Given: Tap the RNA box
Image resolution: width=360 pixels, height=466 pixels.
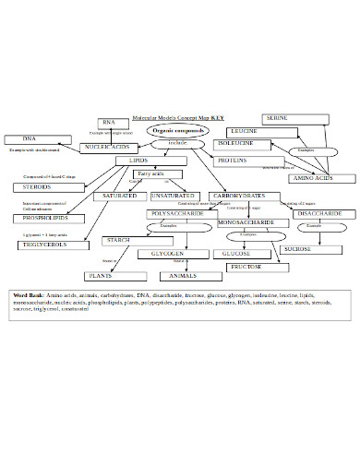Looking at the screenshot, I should point(110,123).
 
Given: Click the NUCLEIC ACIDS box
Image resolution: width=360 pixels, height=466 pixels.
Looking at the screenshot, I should point(108,148).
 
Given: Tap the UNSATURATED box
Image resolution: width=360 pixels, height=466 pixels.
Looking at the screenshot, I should point(173,196).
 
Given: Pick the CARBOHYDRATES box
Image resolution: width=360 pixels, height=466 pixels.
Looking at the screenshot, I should point(239,196).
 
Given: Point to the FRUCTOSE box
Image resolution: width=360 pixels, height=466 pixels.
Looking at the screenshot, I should point(246,267).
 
